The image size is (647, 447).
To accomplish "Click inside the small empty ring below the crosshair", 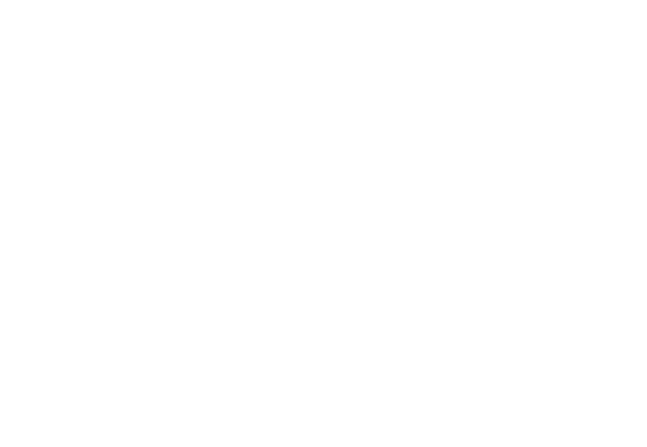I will coord(380,257).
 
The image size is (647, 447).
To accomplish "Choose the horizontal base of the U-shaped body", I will coord(164,259).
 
